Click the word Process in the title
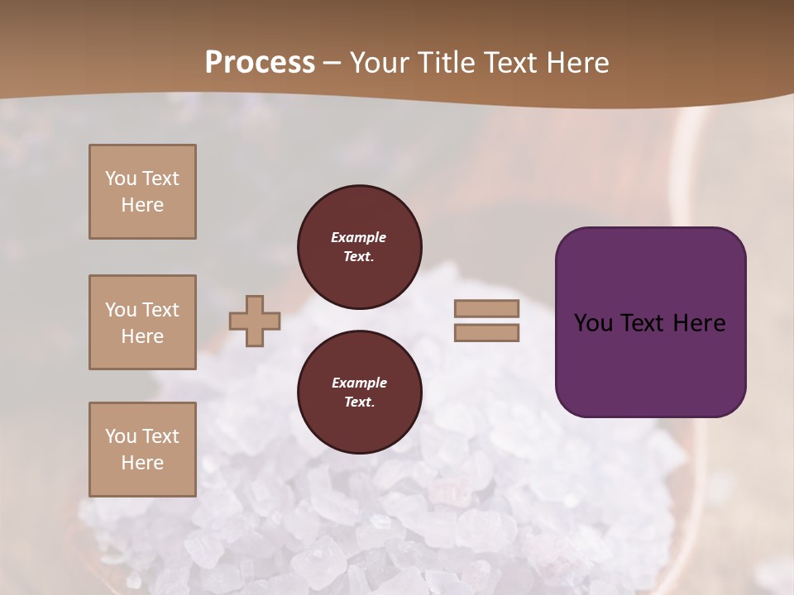coord(260,63)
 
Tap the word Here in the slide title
coord(574,63)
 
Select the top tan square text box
coord(142,192)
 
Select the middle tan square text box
coord(142,322)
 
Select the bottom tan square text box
coord(142,450)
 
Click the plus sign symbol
coord(255,321)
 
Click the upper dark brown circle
coord(360,247)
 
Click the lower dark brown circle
coord(360,393)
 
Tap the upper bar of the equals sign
coord(486,308)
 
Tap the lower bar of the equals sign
coord(486,333)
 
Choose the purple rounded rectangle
coord(650,321)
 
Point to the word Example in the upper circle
coord(359,237)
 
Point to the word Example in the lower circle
coord(359,383)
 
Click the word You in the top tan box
coord(121,178)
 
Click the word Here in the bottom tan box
coord(142,463)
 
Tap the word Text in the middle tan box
coord(160,310)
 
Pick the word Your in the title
coord(380,63)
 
